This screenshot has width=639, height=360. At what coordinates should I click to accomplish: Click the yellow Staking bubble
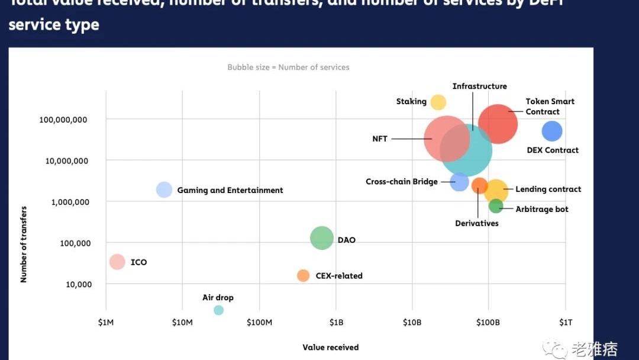point(438,102)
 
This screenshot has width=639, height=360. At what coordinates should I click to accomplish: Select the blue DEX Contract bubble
point(551,131)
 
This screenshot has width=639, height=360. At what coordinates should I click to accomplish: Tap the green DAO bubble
point(322,238)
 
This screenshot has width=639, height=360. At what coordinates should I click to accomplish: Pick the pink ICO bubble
point(117,262)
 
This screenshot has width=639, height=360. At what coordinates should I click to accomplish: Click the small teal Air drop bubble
point(218,310)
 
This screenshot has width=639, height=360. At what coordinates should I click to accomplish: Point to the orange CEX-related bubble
point(303,275)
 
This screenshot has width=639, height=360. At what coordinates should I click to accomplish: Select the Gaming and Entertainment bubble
point(164,189)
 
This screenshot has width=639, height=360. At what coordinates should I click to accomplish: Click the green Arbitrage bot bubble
point(496,206)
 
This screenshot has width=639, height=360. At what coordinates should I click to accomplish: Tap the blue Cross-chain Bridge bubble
point(459,182)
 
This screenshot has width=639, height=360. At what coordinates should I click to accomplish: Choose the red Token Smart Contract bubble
point(498,124)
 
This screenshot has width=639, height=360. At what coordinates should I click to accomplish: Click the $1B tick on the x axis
point(335,322)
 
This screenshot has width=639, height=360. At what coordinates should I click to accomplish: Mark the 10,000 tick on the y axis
point(79,284)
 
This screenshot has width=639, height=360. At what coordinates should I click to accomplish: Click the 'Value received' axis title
point(330,348)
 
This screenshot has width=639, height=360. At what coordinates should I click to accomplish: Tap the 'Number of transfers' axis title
point(24,244)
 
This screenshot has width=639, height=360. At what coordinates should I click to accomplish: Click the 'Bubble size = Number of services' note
point(288,67)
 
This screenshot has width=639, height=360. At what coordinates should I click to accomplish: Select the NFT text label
point(380,139)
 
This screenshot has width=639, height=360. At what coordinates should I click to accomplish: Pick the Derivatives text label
point(476,223)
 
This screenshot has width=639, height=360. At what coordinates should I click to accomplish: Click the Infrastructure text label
point(479,86)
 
